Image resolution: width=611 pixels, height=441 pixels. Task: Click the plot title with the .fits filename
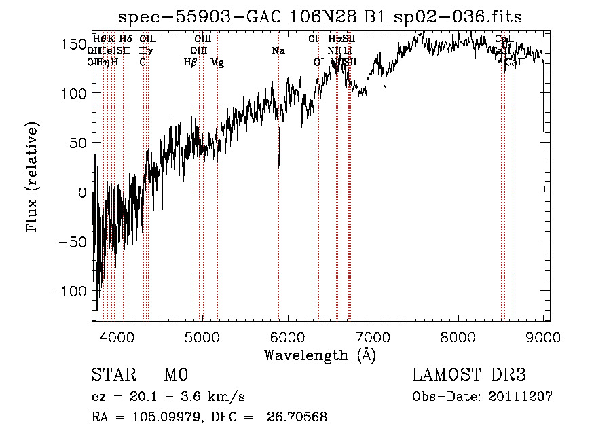(320, 17)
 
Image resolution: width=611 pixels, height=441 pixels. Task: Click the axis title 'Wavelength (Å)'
(320, 355)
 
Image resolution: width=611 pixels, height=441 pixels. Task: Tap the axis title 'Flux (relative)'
(33, 177)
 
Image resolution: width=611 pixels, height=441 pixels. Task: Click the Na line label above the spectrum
(278, 50)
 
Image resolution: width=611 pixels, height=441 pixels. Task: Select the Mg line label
(217, 63)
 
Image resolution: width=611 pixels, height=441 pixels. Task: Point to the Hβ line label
(191, 63)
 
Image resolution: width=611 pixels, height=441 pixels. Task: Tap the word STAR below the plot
(113, 375)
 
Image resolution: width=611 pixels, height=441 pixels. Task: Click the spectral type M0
(175, 375)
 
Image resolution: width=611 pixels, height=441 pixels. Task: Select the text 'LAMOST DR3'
(469, 375)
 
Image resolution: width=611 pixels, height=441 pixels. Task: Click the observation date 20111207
(522, 397)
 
